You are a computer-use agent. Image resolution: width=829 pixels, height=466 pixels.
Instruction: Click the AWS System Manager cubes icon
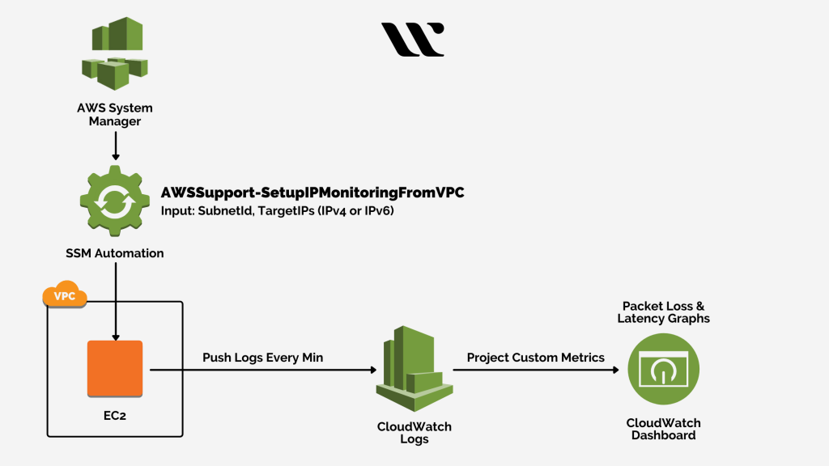click(115, 53)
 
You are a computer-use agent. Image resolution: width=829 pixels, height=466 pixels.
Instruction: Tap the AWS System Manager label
click(115, 114)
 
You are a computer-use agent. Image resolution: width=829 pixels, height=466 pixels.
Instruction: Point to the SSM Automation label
click(115, 253)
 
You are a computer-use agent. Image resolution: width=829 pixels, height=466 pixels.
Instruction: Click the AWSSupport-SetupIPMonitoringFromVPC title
click(312, 193)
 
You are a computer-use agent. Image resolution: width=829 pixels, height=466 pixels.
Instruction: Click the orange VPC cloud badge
click(65, 296)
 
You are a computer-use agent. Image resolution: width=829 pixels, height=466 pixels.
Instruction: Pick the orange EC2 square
click(115, 369)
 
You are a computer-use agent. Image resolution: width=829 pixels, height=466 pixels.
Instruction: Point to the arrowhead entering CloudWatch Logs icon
click(373, 370)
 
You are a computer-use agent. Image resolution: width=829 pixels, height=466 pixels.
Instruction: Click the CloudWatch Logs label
click(414, 433)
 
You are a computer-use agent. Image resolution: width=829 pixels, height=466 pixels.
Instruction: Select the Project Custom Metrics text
click(535, 358)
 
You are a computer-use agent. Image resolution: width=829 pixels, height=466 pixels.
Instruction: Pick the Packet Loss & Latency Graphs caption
click(663, 312)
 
